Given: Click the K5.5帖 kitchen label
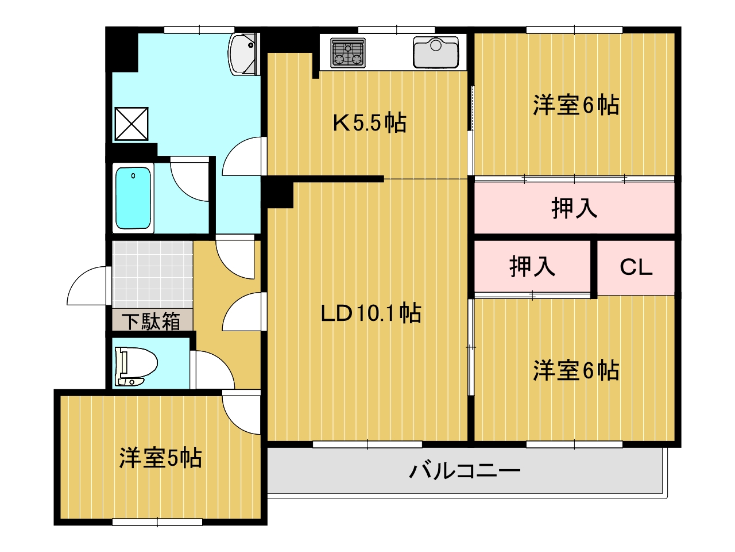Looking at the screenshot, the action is (x=369, y=123).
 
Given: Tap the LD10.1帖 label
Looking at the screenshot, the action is (x=371, y=313).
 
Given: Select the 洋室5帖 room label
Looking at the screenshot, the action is (x=161, y=458).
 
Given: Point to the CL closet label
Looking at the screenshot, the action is (x=636, y=268).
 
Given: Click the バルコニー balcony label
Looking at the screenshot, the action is (x=465, y=471).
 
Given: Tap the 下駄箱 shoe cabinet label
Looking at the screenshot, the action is (x=151, y=321).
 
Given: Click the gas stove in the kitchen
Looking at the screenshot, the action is (x=347, y=53).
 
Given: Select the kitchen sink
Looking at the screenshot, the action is (x=436, y=52).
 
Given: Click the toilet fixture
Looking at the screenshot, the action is (x=136, y=366).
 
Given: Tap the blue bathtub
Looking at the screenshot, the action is (x=133, y=198).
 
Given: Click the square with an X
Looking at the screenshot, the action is (x=131, y=124).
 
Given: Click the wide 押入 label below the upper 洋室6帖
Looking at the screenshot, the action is (x=574, y=209).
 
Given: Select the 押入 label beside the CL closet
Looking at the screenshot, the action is (x=532, y=267).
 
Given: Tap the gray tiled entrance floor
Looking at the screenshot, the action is (x=152, y=275).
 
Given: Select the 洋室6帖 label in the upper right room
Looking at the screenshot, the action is (x=576, y=105).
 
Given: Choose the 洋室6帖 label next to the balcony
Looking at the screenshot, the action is (x=576, y=371).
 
